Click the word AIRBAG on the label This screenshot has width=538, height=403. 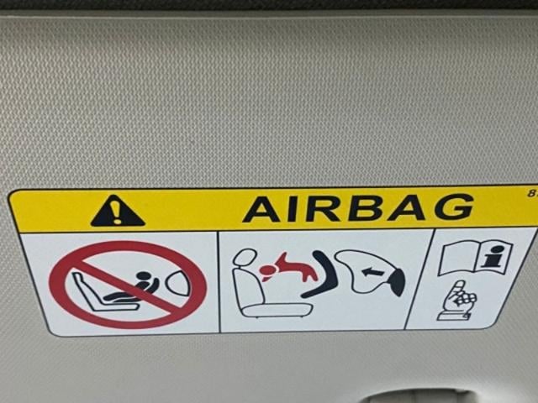357,207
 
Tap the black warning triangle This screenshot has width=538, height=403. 118,211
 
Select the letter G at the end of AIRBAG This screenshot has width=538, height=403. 453,206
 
